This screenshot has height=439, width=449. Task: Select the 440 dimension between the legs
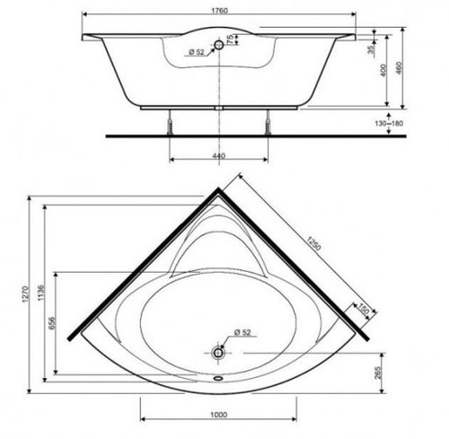[x=218, y=155]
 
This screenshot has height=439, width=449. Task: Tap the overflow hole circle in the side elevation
[x=218, y=43]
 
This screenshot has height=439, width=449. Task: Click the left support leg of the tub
[x=169, y=121]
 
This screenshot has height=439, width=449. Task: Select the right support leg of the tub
[x=268, y=121]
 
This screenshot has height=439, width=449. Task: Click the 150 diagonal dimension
[x=364, y=309]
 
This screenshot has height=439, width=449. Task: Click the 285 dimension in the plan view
[x=379, y=371]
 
